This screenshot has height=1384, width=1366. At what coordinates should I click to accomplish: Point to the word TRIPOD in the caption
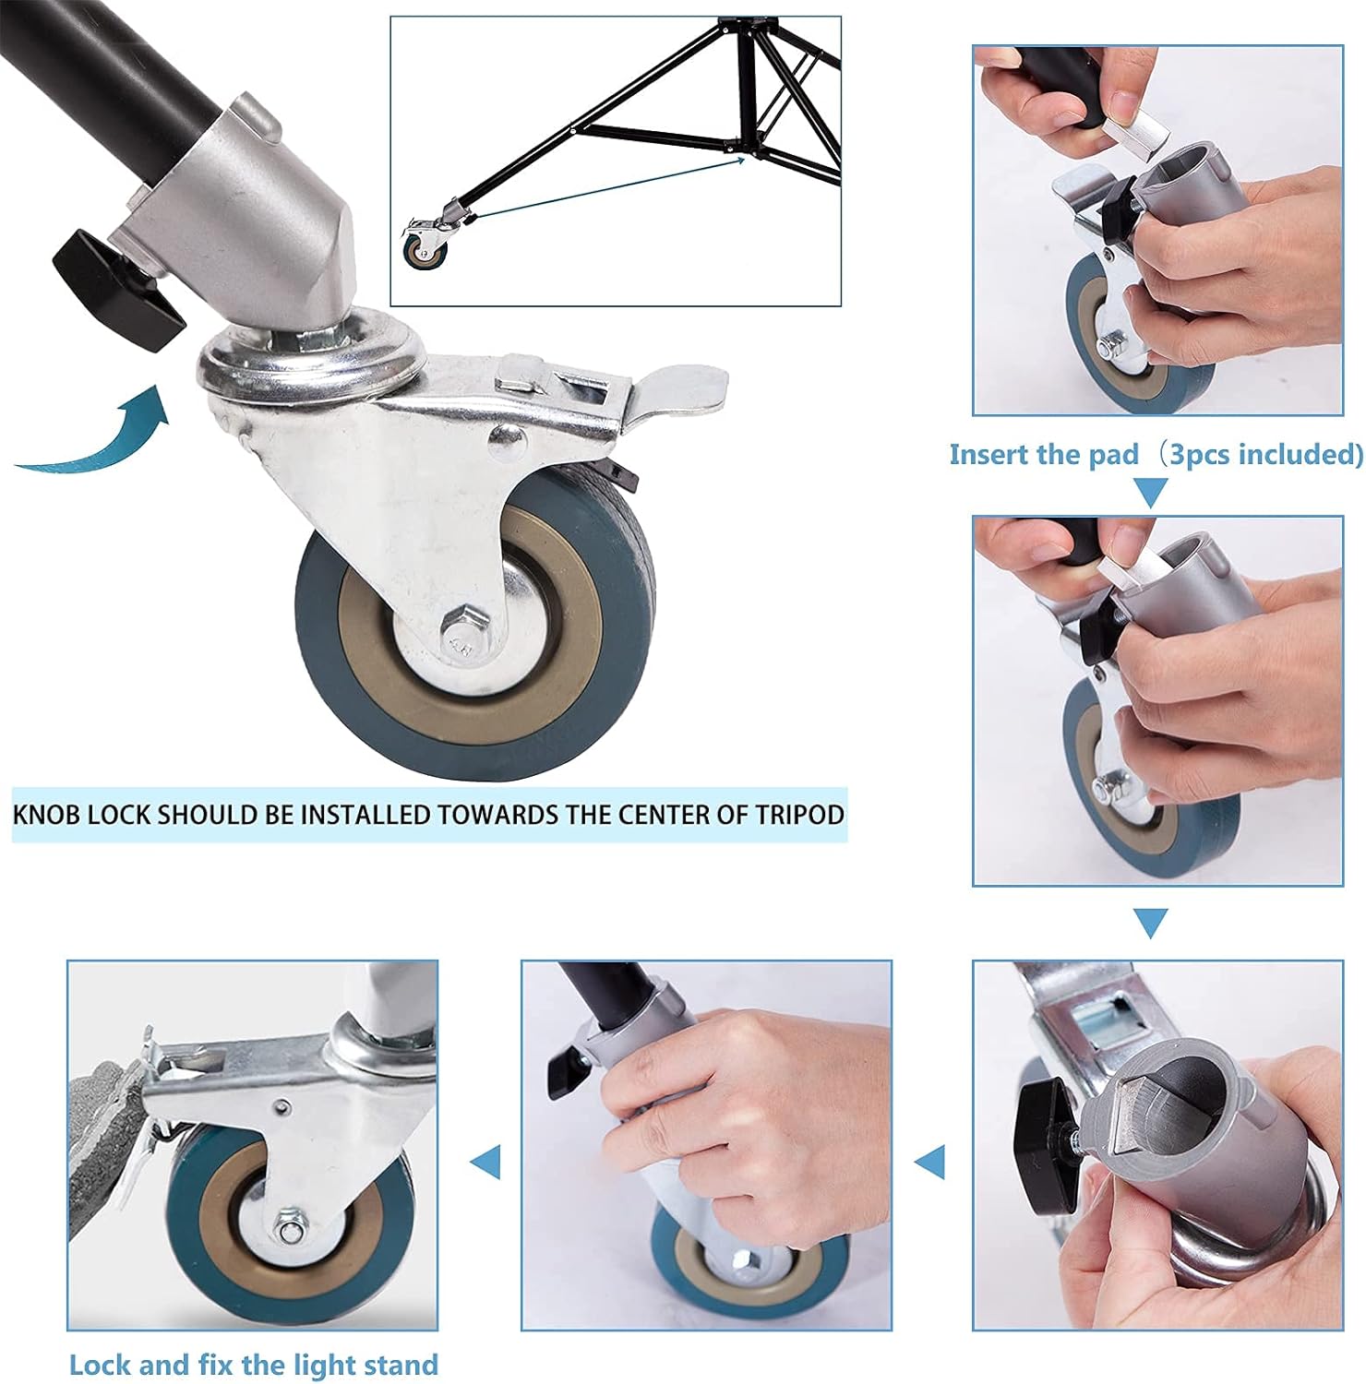(800, 815)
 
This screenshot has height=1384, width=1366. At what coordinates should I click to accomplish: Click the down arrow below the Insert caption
(1149, 493)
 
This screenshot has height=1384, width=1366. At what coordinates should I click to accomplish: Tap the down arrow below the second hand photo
(1149, 922)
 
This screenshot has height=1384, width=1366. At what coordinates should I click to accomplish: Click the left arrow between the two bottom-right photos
(931, 1161)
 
